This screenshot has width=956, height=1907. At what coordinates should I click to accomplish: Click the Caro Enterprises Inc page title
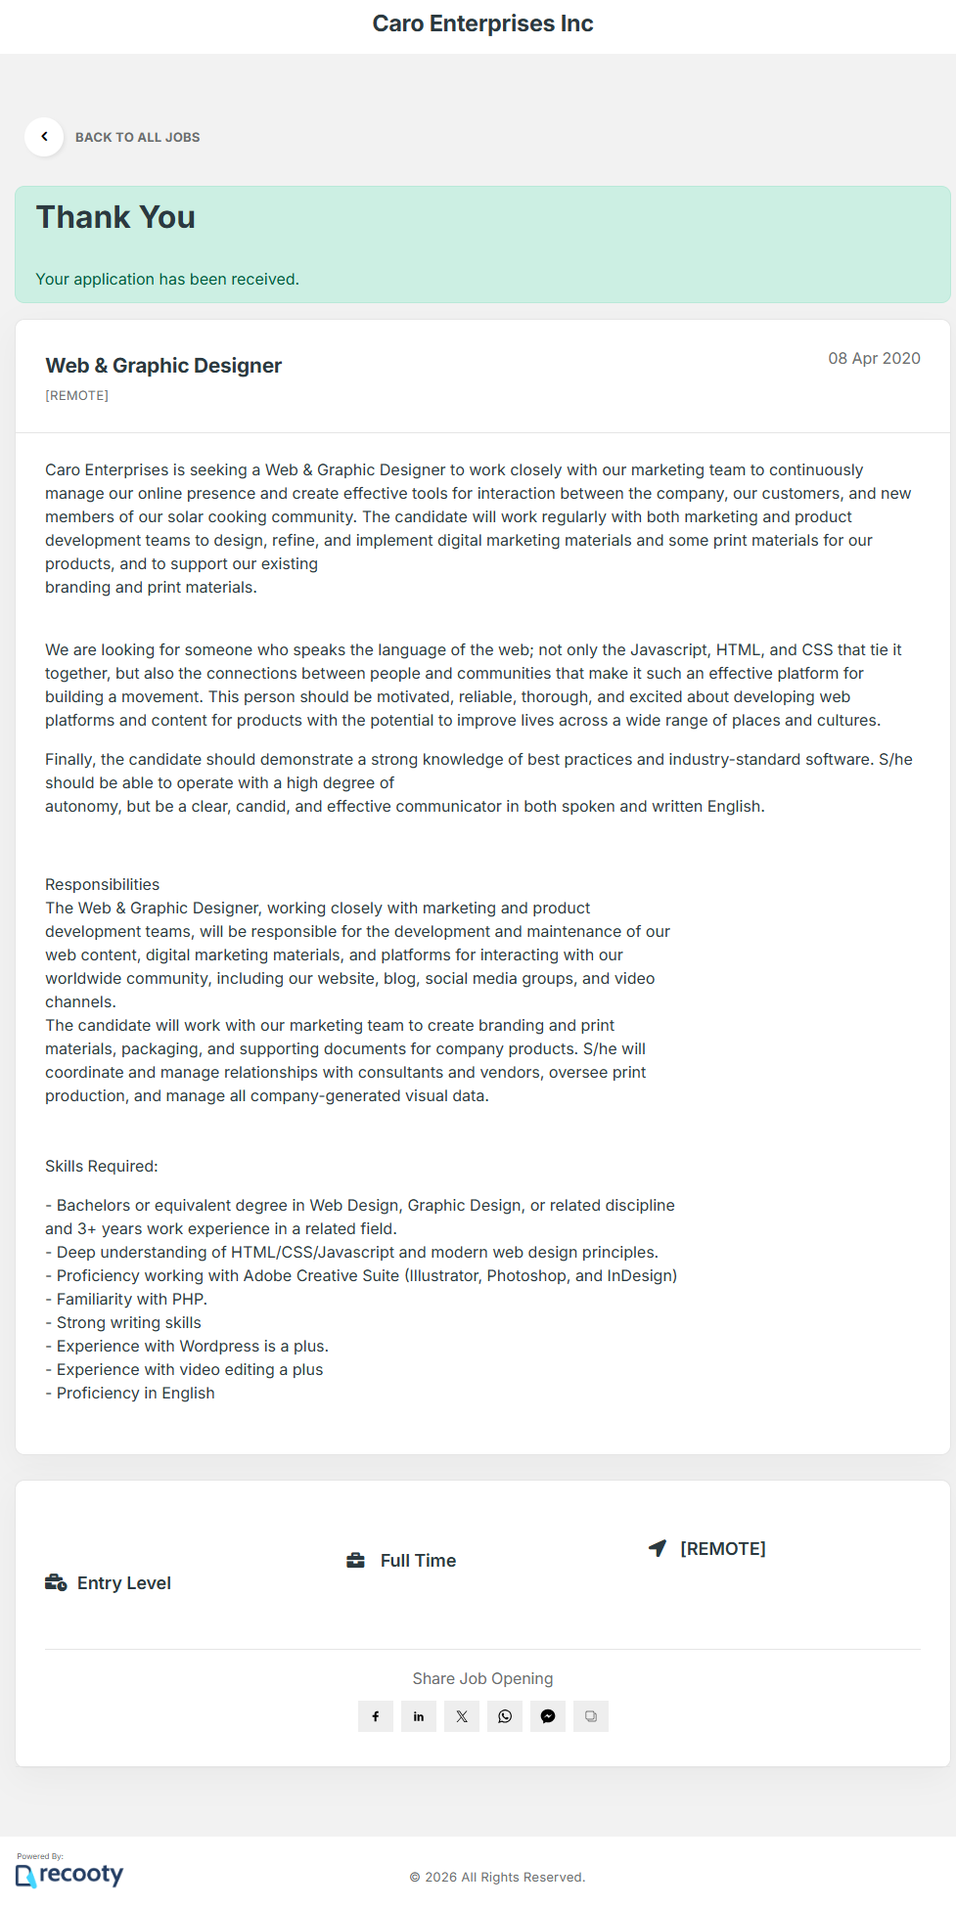(x=482, y=23)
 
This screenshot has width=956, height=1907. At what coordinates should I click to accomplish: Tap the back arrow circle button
(x=44, y=137)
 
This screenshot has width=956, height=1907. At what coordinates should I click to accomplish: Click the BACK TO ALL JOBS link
(x=137, y=138)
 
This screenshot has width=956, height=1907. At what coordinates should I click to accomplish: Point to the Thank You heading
(x=115, y=217)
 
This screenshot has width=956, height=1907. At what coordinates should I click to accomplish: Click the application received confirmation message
(x=167, y=280)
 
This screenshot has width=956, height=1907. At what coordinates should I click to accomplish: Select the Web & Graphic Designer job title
(x=163, y=366)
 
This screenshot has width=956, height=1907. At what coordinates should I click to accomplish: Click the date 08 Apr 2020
(x=874, y=359)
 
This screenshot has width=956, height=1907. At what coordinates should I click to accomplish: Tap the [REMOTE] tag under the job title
(x=76, y=396)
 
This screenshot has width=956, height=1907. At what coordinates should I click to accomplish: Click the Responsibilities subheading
(x=102, y=885)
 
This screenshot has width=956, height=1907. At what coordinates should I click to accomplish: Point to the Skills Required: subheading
(x=101, y=1167)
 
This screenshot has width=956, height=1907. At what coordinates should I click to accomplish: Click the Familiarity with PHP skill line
(x=126, y=1300)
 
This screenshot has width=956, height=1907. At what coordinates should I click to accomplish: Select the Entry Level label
(x=123, y=1583)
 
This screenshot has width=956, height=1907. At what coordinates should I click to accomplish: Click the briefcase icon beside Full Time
(x=355, y=1561)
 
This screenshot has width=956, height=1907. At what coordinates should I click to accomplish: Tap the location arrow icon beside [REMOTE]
(x=658, y=1548)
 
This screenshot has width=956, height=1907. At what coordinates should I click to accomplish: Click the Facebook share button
(x=376, y=1716)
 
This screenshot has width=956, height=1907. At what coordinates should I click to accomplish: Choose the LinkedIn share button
(x=419, y=1716)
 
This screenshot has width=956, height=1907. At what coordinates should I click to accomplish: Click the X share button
(x=462, y=1716)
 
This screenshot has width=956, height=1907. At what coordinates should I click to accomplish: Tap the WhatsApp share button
(x=505, y=1716)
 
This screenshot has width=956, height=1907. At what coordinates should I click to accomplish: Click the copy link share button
(x=591, y=1716)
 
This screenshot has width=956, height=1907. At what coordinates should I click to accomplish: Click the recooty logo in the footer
(x=69, y=1874)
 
